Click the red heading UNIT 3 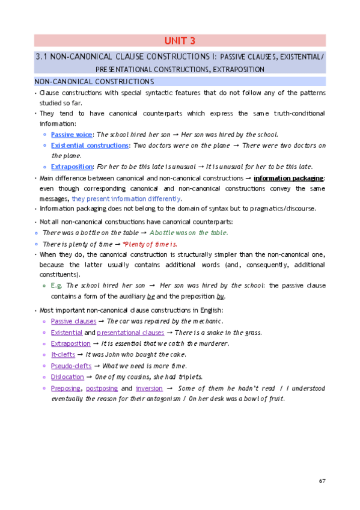tap(180, 41)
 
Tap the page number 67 tap(322, 481)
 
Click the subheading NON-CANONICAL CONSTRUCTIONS tap(94, 81)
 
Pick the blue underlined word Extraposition tap(72, 167)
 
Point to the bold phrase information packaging tap(288, 178)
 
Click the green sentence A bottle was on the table tap(189, 232)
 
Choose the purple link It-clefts tap(63, 355)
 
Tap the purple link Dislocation tap(67, 376)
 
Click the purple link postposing tap(102, 388)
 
